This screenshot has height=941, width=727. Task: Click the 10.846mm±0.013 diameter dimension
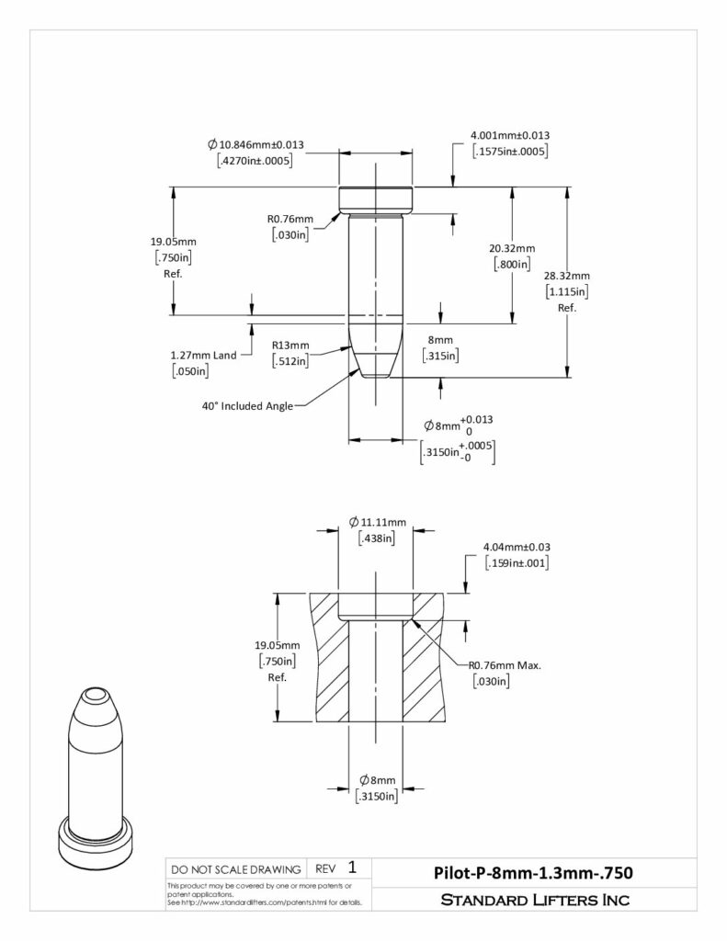coord(256,144)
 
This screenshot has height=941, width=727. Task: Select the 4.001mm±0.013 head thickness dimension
coord(510,136)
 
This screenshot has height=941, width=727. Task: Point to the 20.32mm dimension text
coord(512,248)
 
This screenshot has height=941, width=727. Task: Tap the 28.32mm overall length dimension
coord(567,276)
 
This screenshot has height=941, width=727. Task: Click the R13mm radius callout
coord(290,346)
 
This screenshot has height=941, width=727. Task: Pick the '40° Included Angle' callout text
coord(247,406)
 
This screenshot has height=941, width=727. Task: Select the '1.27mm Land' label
coord(203,356)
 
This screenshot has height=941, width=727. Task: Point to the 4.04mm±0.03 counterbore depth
coord(517,548)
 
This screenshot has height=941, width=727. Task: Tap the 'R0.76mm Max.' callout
coord(505,665)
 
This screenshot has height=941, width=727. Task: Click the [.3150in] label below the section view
coord(377,796)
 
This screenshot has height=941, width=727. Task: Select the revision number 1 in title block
coord(352,867)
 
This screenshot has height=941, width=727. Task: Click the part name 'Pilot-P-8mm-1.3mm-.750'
coord(533,873)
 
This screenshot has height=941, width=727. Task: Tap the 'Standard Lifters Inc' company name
coord(535,900)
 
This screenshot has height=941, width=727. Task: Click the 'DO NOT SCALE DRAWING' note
coord(236,869)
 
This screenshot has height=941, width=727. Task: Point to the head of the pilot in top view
coord(376,200)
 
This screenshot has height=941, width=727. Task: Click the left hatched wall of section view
coord(329,658)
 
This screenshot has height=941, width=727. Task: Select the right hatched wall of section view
coord(423,658)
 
